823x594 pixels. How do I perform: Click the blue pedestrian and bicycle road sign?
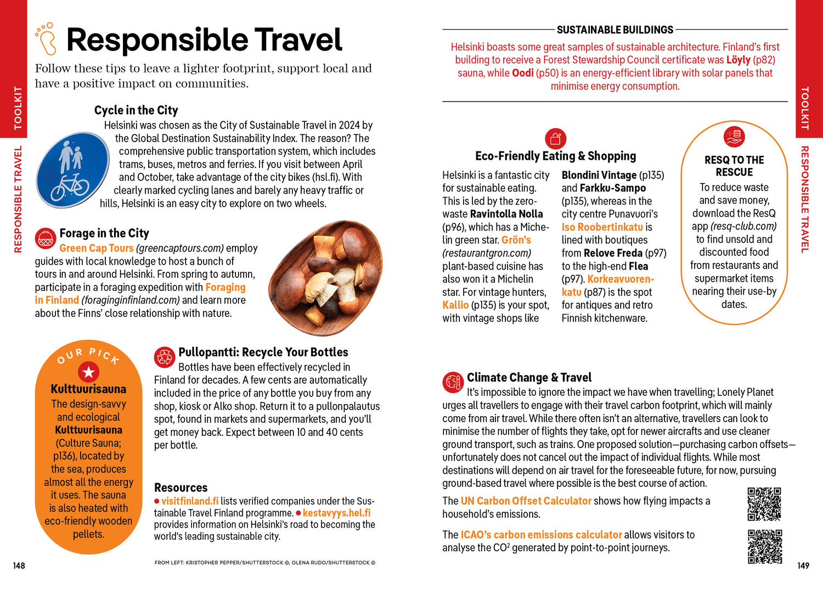pos(73,170)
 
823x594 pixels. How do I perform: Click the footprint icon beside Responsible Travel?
pos(46,38)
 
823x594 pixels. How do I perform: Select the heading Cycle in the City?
pos(136,110)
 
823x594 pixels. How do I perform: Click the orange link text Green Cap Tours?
pos(97,248)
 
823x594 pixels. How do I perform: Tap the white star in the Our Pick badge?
pos(88,372)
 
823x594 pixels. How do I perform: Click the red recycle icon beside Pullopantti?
pos(164,357)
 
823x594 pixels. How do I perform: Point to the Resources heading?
pos(181,487)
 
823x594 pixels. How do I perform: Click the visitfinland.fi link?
pos(190,501)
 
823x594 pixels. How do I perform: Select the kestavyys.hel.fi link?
pos(336,513)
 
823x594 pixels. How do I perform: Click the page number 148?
pos(19,565)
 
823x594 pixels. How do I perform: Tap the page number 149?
pos(803,565)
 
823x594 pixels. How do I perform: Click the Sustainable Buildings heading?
pos(615,30)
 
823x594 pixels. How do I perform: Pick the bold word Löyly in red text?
pos(738,60)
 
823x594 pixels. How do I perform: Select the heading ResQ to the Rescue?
pos(734,166)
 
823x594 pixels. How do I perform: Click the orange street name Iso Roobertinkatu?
pos(602,227)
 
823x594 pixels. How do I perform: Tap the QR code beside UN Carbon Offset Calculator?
pos(764,504)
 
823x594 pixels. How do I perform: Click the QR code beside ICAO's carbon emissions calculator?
pos(765,546)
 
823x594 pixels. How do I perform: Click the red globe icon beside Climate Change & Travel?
pos(453,383)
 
